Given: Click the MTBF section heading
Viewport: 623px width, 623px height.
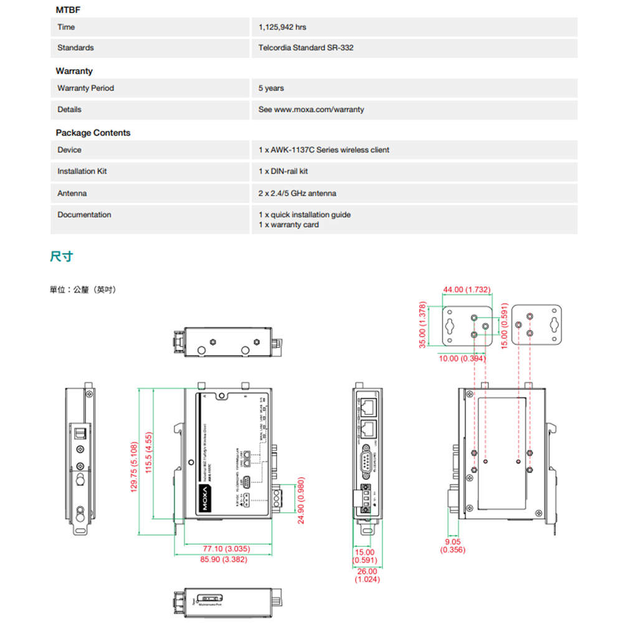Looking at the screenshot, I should [68, 11].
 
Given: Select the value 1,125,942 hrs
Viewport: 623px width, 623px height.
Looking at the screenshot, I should [282, 27].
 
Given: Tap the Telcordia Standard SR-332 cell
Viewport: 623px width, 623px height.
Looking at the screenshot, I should [305, 48].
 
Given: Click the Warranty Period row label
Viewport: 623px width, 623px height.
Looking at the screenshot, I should [85, 88].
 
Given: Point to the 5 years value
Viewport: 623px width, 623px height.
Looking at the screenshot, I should [271, 88].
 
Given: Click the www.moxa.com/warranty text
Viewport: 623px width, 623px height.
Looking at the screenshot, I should [319, 110].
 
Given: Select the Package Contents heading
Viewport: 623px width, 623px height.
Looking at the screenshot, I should [93, 133].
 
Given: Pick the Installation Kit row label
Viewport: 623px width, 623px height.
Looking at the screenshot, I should [82, 171].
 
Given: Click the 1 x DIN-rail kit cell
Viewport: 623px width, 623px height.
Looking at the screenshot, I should [283, 171].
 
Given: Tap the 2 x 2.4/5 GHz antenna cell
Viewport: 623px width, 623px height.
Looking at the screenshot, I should [297, 194].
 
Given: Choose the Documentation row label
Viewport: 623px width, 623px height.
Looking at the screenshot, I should [84, 215].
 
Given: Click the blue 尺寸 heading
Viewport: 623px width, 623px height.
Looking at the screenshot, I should [61, 257].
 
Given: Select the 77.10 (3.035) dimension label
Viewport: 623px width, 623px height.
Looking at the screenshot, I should [226, 549].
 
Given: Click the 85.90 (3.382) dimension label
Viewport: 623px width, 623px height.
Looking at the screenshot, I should [224, 560].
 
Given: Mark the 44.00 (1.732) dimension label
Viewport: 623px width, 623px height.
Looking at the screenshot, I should [467, 290].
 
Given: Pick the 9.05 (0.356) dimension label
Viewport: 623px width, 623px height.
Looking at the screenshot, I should [452, 546].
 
